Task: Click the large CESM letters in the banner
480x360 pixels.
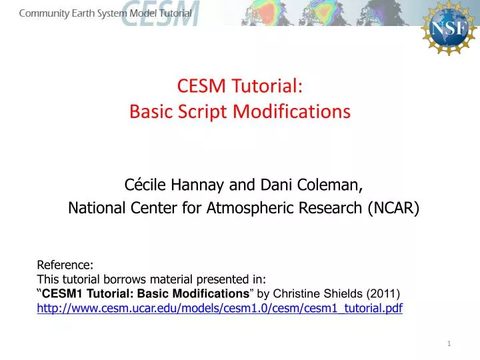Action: (160, 13)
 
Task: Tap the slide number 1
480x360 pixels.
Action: (449, 343)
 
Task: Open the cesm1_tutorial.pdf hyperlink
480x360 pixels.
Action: (219, 307)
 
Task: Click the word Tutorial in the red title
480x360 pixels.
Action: (273, 86)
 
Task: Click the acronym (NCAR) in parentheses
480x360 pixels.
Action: (393, 209)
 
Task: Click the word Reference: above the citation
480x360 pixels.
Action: (65, 265)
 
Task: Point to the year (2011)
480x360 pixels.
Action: (382, 293)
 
